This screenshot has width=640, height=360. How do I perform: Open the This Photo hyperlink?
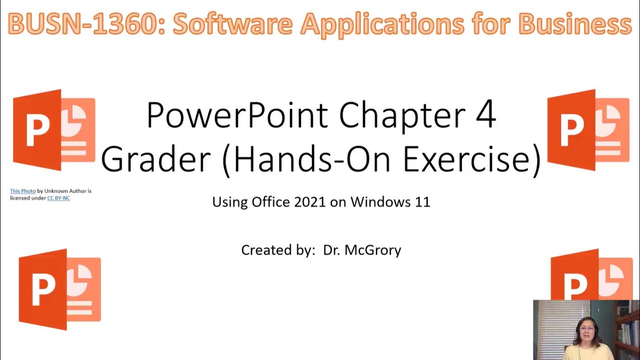point(22,191)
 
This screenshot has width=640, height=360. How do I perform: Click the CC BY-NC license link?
point(58,198)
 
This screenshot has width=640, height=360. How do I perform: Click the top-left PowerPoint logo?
point(54,130)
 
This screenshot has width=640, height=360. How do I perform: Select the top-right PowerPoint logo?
point(588,130)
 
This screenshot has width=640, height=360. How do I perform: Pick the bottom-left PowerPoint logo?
point(59,289)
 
